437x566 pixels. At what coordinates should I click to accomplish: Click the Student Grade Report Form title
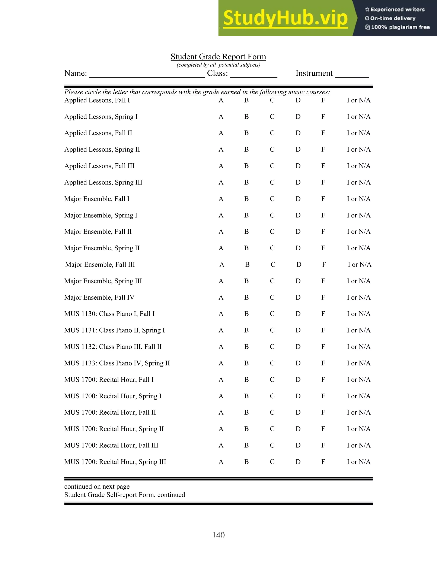click(x=218, y=57)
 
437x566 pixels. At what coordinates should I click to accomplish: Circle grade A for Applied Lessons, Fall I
click(x=221, y=100)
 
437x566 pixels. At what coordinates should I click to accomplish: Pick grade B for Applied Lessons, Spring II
click(x=246, y=150)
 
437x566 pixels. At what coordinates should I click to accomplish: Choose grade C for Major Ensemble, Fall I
click(x=272, y=199)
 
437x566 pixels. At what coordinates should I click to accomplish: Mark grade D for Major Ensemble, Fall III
click(x=299, y=265)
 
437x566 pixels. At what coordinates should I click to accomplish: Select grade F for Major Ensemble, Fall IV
click(x=323, y=298)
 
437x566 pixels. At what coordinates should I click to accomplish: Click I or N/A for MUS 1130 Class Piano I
click(x=358, y=314)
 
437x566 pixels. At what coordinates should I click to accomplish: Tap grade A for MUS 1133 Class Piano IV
click(x=221, y=363)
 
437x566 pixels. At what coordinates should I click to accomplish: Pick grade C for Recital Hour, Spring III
click(x=272, y=462)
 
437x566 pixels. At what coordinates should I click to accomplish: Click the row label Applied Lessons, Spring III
click(x=103, y=182)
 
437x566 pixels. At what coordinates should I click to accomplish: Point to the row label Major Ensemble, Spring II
click(x=102, y=248)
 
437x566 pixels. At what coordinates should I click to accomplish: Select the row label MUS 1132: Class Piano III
click(x=113, y=347)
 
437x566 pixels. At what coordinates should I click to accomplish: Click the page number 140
click(x=218, y=535)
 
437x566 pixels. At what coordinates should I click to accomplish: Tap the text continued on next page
click(x=97, y=486)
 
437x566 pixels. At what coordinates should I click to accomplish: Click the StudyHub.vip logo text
click(x=285, y=18)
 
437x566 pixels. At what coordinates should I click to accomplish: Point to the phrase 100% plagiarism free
click(x=400, y=27)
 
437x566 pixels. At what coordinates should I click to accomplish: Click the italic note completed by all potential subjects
click(x=218, y=65)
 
